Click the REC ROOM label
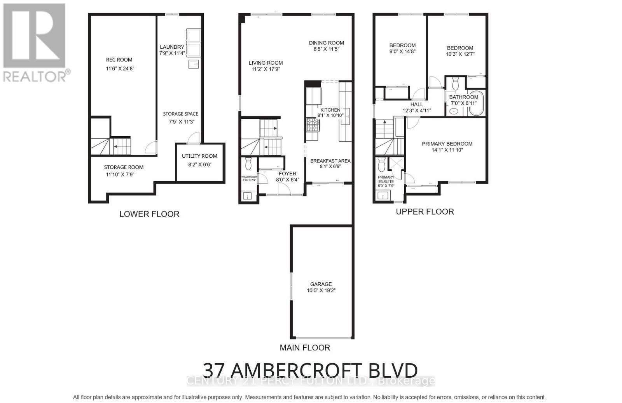[x=119, y=60]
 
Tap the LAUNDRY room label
[x=172, y=47]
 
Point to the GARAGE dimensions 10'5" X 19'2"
[x=321, y=290]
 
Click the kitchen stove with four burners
[x=313, y=125]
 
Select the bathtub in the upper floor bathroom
[x=476, y=103]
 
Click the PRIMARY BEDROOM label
[x=447, y=144]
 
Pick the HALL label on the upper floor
[x=417, y=104]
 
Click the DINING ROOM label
[x=327, y=43]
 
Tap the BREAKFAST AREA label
[x=330, y=161]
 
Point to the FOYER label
[x=287, y=174]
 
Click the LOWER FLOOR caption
[x=149, y=214]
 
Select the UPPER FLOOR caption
[x=425, y=212]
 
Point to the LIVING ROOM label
[x=266, y=63]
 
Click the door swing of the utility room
[x=193, y=138]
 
